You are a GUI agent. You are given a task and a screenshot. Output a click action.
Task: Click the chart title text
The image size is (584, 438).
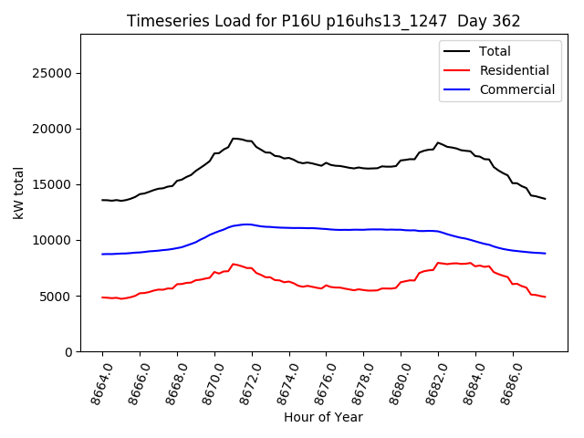coord(323,21)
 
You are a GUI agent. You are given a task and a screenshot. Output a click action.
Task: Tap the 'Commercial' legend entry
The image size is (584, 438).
coord(516,89)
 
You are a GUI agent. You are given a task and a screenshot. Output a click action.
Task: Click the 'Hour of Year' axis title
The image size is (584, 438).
coord(323,417)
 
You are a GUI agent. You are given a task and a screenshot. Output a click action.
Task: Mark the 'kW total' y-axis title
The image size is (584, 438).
coord(18,193)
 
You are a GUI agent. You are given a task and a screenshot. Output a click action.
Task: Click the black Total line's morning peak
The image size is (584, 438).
coord(235,139)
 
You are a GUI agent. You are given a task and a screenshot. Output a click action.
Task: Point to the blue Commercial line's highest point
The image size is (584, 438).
coord(245,224)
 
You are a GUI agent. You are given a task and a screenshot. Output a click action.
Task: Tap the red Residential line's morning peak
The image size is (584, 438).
coord(234,264)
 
